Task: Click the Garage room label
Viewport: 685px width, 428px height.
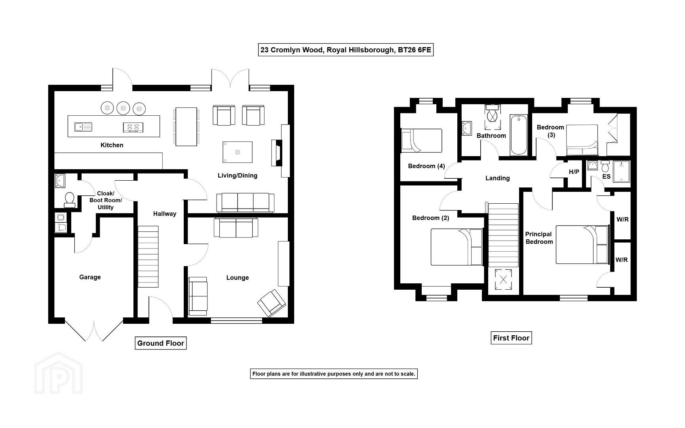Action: [90, 277]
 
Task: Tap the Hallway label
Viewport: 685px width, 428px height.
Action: [165, 214]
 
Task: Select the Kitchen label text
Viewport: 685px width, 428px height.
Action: [112, 145]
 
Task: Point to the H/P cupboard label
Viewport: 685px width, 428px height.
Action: [574, 172]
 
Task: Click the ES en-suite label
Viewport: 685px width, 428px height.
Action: [606, 177]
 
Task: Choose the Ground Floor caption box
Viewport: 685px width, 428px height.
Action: [161, 343]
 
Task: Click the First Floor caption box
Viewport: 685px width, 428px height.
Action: [511, 338]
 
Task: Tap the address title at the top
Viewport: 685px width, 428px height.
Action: [346, 50]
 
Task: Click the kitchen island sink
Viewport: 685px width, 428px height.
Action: [83, 127]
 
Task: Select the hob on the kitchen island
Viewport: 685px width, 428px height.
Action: [133, 127]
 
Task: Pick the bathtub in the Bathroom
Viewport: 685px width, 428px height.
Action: [519, 135]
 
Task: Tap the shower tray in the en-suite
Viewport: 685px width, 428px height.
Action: [621, 172]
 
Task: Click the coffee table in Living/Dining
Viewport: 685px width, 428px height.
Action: [238, 152]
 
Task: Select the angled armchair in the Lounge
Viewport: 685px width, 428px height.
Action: [272, 303]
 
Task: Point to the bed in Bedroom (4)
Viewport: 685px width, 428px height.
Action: [421, 140]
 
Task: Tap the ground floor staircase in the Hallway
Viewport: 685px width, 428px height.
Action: [148, 257]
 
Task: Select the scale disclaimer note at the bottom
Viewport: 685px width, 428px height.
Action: [334, 374]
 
